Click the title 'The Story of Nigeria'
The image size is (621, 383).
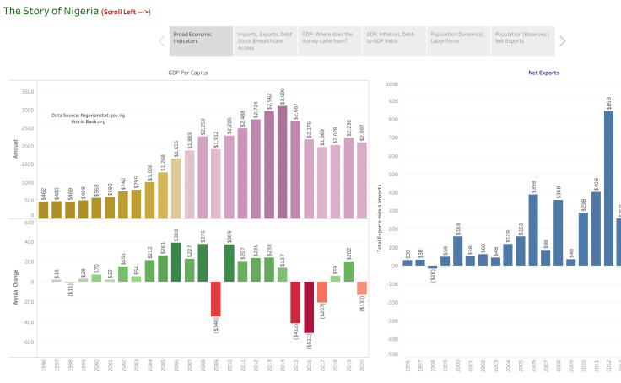pos(49,10)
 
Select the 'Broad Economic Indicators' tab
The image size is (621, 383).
pos(201,40)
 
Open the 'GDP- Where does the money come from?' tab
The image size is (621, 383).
pos(330,40)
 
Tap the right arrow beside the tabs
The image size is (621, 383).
pos(563,40)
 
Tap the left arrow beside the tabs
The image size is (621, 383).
pos(161,40)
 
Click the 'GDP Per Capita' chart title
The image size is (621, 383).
pos(187,73)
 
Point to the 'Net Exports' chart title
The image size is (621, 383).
pos(543,73)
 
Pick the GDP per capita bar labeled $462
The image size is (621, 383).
pos(43,209)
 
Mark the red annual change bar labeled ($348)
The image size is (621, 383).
pos(216,299)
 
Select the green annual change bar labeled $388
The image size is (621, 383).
pos(175,262)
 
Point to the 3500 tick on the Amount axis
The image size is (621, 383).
pos(27,91)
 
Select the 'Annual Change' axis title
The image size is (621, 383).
pos(15,288)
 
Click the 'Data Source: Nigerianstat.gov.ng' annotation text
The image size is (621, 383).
pos(88,116)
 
